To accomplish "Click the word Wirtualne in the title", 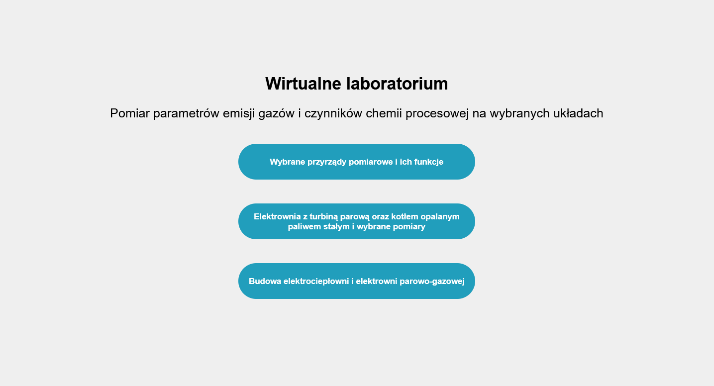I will [303, 84].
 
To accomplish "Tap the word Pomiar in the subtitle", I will [130, 113].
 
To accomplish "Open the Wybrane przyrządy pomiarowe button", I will [356, 162].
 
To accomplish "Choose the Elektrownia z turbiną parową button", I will [356, 221].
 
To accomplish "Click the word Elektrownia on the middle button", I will [277, 217].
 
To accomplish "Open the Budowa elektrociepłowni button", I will [356, 281].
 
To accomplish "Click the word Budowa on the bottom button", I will [265, 282].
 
